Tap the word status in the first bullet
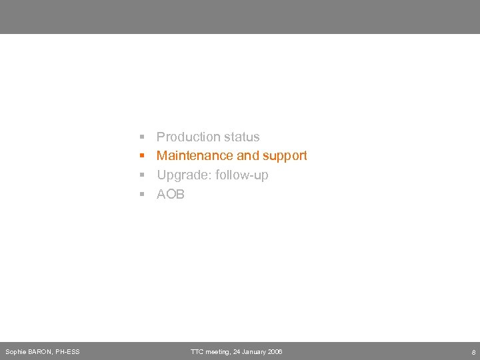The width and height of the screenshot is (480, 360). tap(241, 137)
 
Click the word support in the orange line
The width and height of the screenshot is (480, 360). tap(285, 156)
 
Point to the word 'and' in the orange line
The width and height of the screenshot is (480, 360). tap(247, 156)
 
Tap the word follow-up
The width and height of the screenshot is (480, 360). tap(242, 175)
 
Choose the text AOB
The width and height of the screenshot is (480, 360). tap(171, 195)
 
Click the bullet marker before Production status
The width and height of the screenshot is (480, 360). tap(142, 137)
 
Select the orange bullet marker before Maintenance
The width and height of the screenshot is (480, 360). tap(142, 156)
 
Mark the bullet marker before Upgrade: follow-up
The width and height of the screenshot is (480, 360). tap(142, 175)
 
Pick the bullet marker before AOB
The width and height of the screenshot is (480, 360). tap(142, 195)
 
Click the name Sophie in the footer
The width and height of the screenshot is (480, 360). tap(15, 351)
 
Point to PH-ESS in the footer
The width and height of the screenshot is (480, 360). tap(68, 351)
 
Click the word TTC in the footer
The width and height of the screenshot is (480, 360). tap(197, 351)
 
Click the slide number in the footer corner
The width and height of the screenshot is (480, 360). tap(473, 351)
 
